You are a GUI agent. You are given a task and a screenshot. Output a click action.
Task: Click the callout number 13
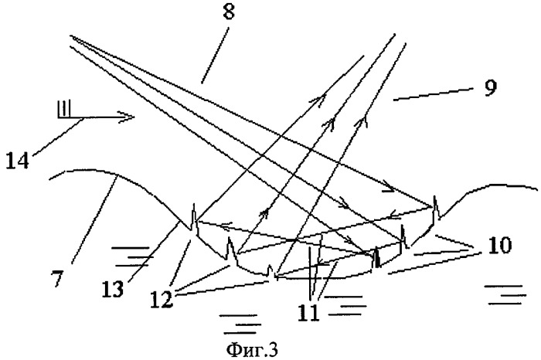point(113,289)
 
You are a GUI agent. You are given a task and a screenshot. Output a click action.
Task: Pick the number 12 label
point(162,299)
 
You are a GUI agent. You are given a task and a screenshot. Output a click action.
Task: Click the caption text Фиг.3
point(252,350)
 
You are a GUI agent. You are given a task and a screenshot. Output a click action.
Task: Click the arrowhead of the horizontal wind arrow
point(127,117)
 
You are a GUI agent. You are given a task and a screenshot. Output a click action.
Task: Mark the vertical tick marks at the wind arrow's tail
point(64,108)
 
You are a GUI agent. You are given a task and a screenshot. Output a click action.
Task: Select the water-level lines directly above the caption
point(241,324)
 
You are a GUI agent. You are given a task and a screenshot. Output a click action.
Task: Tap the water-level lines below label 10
point(505,295)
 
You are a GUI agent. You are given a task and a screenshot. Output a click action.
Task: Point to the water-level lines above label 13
point(131,256)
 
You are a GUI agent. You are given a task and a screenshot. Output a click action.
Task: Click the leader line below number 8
point(215,56)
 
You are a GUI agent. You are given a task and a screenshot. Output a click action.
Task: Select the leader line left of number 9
point(433,94)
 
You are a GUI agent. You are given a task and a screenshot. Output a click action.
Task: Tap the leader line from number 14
point(58,137)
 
